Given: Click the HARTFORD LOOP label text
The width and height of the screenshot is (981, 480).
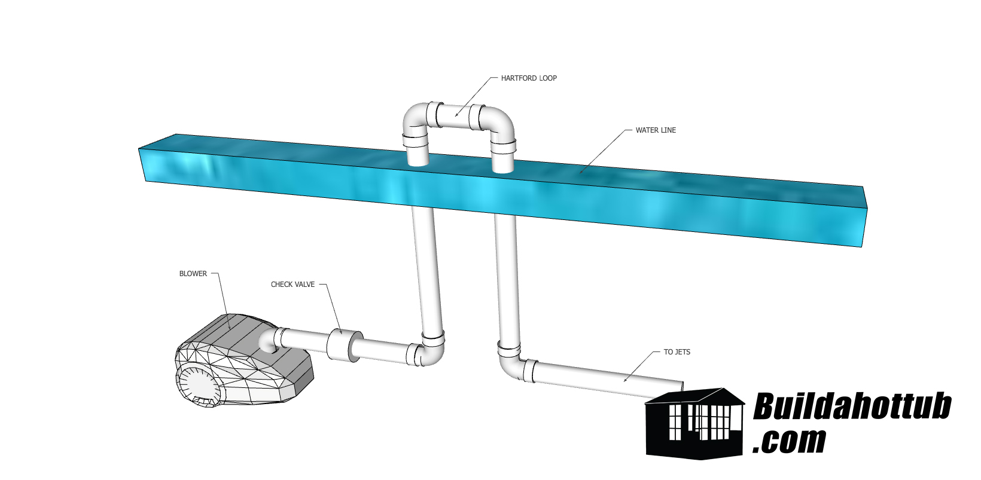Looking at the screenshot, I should pyautogui.click(x=529, y=78).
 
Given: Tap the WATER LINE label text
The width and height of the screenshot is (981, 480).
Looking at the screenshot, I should pyautogui.click(x=656, y=130).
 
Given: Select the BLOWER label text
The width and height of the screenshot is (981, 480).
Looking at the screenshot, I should pyautogui.click(x=193, y=274).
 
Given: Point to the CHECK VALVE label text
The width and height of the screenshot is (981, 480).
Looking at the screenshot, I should pyautogui.click(x=293, y=285).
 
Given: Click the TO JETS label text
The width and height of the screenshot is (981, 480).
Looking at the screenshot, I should pyautogui.click(x=677, y=352).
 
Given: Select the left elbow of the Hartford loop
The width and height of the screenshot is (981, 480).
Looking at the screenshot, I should pyautogui.click(x=415, y=120).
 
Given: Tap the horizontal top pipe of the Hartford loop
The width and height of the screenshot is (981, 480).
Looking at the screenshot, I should pyautogui.click(x=456, y=116).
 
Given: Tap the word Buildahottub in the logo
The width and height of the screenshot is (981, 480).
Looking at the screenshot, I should pyautogui.click(x=851, y=407).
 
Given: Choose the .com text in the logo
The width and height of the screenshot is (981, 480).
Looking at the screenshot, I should pyautogui.click(x=789, y=441).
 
